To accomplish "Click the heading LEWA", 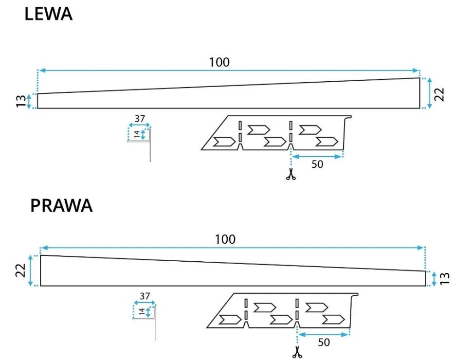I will pyautogui.click(x=49, y=14).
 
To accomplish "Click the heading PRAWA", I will pyautogui.click(x=61, y=206).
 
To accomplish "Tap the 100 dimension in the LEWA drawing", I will pyautogui.click(x=219, y=62).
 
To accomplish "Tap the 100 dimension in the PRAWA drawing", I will pyautogui.click(x=225, y=239).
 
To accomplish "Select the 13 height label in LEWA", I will pyautogui.click(x=20, y=101).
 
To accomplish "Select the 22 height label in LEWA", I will pyautogui.click(x=440, y=93).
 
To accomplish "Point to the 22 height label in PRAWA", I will pyautogui.click(x=20, y=270).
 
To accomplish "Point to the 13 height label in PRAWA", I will pyautogui.click(x=444, y=278).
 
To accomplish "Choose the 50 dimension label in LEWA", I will pyautogui.click(x=317, y=164).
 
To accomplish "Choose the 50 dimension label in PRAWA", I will pyautogui.click(x=323, y=342).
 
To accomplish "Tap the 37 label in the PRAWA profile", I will pyautogui.click(x=145, y=296).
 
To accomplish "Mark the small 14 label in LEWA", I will pyautogui.click(x=137, y=133).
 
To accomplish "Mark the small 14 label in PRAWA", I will pyautogui.click(x=142, y=311).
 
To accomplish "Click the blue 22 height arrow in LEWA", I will pyautogui.click(x=430, y=93).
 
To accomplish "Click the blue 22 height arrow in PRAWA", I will pyautogui.click(x=31, y=270).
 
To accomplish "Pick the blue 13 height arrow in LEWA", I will pyautogui.click(x=29, y=101).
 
